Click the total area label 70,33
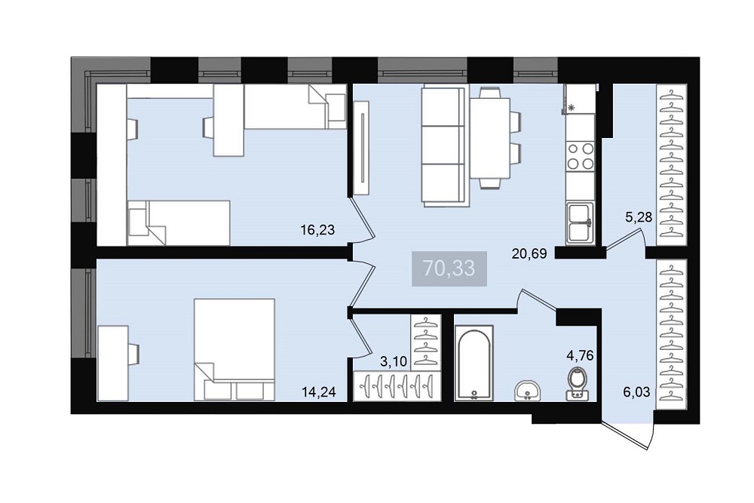pos(449,268)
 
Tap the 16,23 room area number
pos(317,230)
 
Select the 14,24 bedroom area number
pos(318,392)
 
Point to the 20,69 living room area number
pos(529,253)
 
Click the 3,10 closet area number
pos(394,362)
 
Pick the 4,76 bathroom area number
pos(581,356)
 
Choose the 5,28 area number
pos(639,217)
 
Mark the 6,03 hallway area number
pos(636,392)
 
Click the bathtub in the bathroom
pos(474,363)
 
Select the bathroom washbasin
pos(528,391)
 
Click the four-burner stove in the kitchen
pos(581,156)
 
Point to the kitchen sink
pos(581,223)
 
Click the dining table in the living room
pos(490,138)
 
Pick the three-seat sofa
pos(444,146)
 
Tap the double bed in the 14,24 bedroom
pos(234,350)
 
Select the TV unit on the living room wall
pos(361,148)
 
